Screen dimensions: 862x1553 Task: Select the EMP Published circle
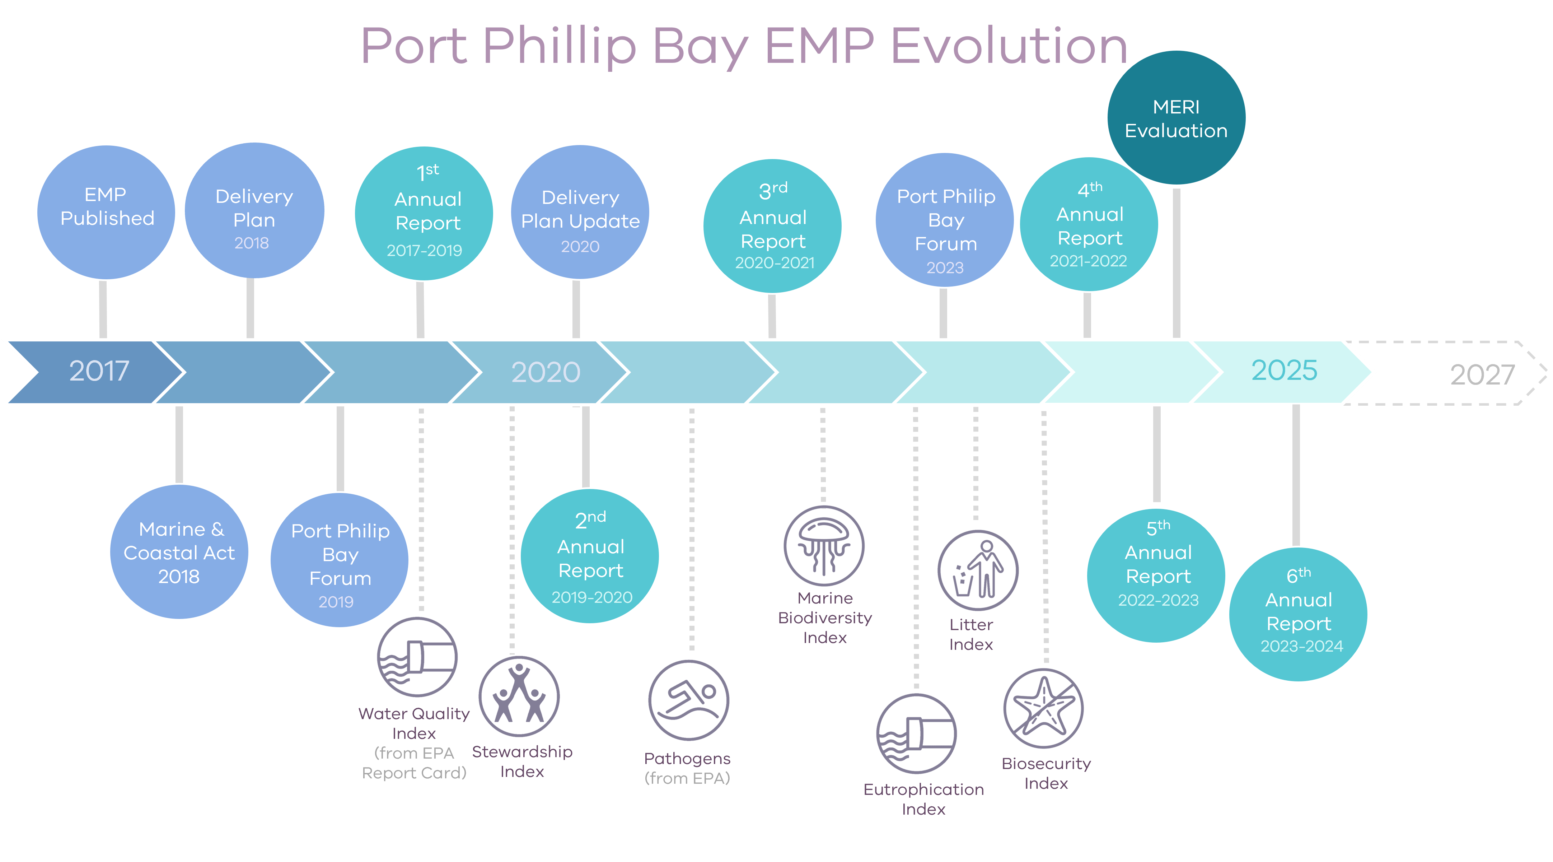click(x=106, y=212)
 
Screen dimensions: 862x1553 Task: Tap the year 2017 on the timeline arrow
click(x=99, y=371)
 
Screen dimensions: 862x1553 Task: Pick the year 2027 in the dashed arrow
click(x=1482, y=374)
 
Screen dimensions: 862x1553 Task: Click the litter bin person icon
click(x=978, y=570)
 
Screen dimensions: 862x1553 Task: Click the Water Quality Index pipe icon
click(x=417, y=657)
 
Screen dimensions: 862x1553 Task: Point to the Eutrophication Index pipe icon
click(x=916, y=733)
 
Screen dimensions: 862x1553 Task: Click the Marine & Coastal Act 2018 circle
click(x=179, y=552)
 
